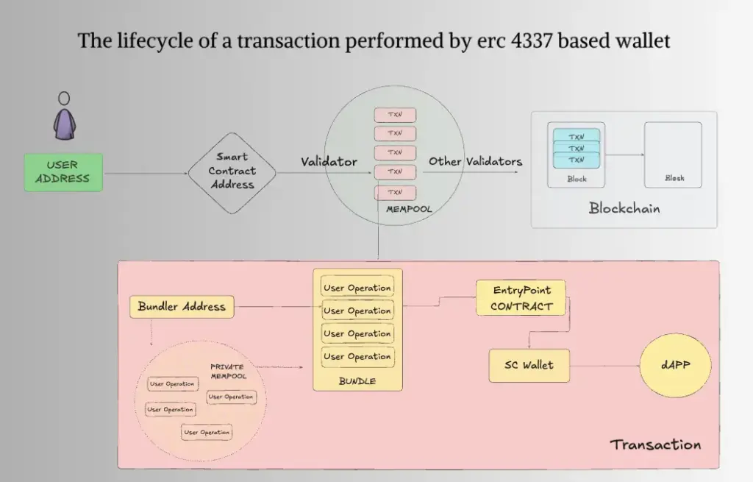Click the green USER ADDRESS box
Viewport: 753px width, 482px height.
click(63, 172)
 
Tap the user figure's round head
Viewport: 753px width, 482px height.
click(64, 99)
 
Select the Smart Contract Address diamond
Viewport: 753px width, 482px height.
click(232, 173)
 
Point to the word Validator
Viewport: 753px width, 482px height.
click(329, 161)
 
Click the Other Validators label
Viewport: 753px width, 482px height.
click(476, 161)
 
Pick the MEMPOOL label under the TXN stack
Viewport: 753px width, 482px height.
click(409, 209)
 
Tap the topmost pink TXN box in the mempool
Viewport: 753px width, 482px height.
click(395, 115)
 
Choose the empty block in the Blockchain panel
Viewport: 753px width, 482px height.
click(673, 155)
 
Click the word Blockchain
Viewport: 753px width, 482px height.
click(624, 208)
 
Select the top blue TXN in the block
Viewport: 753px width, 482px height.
click(577, 136)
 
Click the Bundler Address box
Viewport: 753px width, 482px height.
click(182, 307)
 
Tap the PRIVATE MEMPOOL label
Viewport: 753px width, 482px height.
click(228, 372)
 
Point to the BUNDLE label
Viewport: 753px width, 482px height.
click(357, 381)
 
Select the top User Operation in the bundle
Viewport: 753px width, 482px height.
click(357, 288)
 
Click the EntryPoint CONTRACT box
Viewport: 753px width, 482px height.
click(521, 298)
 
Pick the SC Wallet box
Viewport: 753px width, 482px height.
click(529, 366)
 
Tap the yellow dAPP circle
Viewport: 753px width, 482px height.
click(676, 365)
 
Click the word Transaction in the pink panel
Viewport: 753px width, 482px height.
click(655, 444)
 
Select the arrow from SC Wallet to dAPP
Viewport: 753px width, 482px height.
click(604, 366)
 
